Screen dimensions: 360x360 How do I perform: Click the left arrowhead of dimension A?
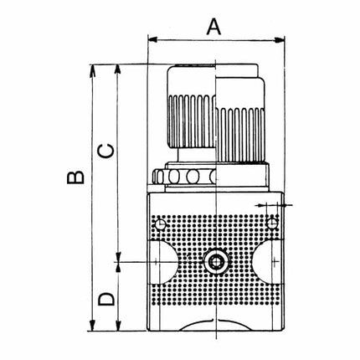(x=152, y=39)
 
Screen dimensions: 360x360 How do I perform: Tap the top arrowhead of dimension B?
(x=90, y=67)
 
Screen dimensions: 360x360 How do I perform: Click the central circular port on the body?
(x=216, y=263)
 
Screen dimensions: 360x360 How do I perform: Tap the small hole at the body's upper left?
(x=159, y=224)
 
